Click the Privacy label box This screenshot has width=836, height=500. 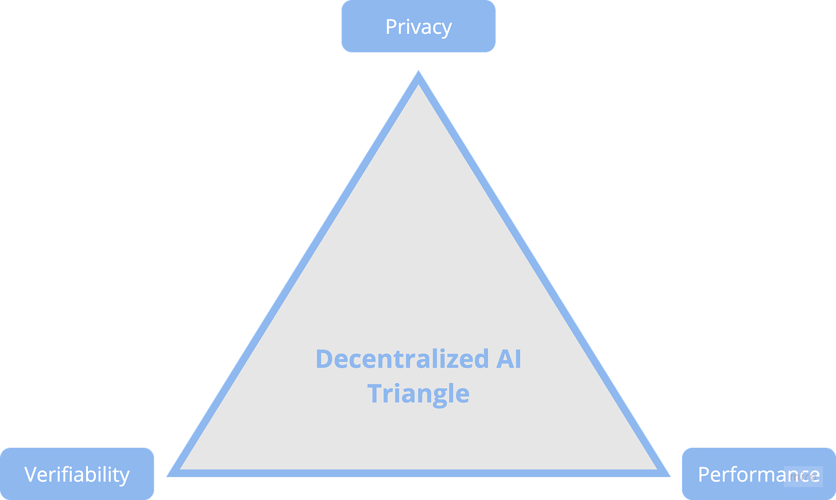[x=418, y=27]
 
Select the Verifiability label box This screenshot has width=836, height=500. [x=77, y=474]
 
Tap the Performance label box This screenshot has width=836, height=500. [x=758, y=474]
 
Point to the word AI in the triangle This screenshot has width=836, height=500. [x=508, y=359]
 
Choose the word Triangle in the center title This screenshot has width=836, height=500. [x=418, y=394]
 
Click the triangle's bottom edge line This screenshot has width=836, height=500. [x=418, y=474]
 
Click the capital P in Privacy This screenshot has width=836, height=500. [x=391, y=27]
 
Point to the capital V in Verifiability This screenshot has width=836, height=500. [x=31, y=474]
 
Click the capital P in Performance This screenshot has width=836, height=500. [x=704, y=474]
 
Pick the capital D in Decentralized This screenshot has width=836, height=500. [x=324, y=359]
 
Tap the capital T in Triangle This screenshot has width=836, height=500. [x=375, y=394]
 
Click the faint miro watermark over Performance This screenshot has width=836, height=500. [x=802, y=476]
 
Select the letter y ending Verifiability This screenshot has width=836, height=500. [x=125, y=476]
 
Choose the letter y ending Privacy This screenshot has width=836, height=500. [x=446, y=29]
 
